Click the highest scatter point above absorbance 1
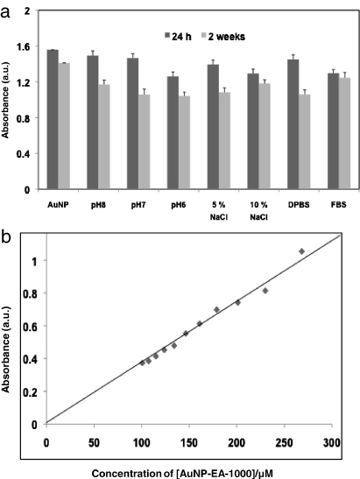tap(301, 251)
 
